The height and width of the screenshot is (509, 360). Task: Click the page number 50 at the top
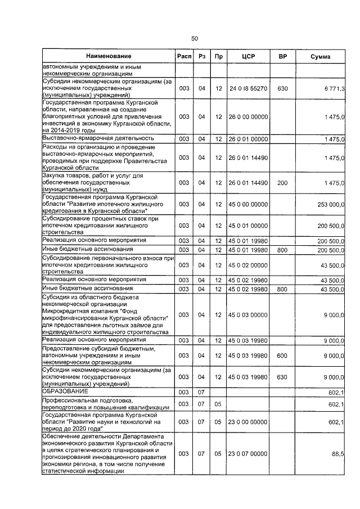click(194, 38)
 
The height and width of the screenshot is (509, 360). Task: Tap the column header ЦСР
click(247, 56)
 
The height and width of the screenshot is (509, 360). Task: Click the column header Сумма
click(321, 56)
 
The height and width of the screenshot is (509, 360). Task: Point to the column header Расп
click(184, 56)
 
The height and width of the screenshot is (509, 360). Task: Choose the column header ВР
click(282, 56)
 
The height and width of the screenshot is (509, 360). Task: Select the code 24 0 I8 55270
click(247, 89)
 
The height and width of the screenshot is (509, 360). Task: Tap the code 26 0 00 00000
click(247, 116)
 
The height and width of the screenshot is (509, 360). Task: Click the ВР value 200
click(282, 183)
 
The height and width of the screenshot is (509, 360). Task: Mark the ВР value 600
click(282, 355)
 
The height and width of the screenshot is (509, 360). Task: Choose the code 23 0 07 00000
click(247, 453)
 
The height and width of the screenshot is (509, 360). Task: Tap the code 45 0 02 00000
click(247, 265)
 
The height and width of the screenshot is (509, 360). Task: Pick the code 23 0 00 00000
click(247, 421)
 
